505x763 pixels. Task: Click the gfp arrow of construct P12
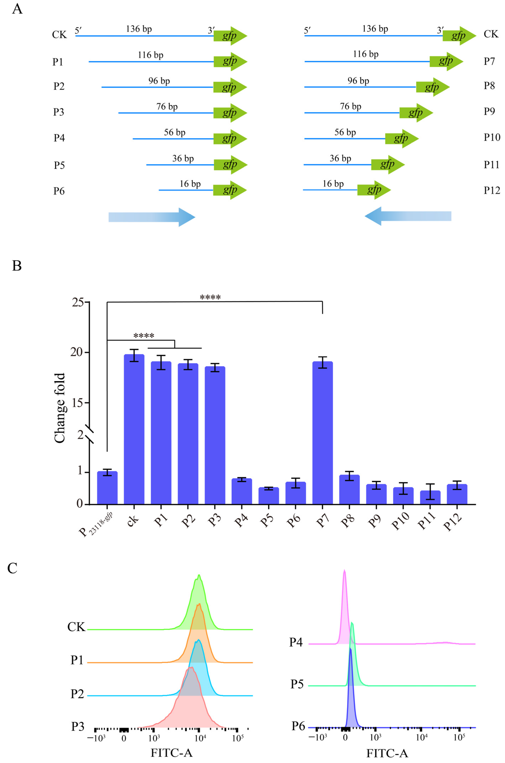(x=374, y=190)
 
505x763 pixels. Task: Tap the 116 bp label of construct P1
(x=150, y=55)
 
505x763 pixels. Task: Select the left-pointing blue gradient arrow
(x=408, y=216)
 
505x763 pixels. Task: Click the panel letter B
(x=17, y=266)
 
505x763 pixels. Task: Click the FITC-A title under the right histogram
(x=387, y=753)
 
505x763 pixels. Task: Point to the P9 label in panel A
(x=489, y=111)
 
